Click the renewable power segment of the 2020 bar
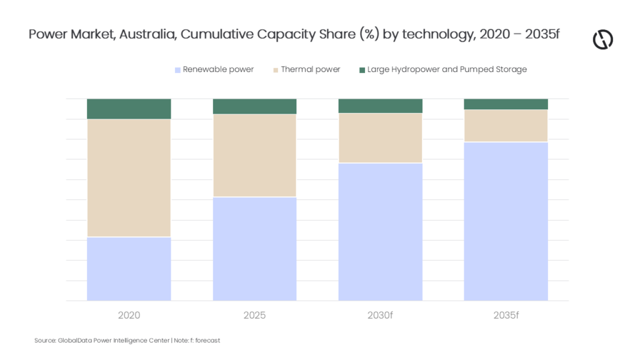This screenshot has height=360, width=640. pyautogui.click(x=129, y=269)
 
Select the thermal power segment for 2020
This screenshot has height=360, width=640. pyautogui.click(x=129, y=178)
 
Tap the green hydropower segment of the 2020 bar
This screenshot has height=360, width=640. pyautogui.click(x=129, y=109)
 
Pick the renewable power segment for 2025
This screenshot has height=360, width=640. pyautogui.click(x=255, y=249)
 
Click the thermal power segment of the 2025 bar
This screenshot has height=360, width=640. pyautogui.click(x=255, y=156)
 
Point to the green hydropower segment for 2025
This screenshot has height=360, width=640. pyautogui.click(x=255, y=106)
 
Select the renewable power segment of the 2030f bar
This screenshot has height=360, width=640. pyautogui.click(x=381, y=232)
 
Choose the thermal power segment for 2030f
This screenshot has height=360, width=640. pyautogui.click(x=381, y=138)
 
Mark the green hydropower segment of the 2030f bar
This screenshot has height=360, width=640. pyautogui.click(x=381, y=106)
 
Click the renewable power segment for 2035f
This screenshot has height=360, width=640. pyautogui.click(x=506, y=222)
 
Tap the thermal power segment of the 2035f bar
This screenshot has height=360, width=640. pyautogui.click(x=506, y=126)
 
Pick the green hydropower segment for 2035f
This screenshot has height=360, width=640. pyautogui.click(x=506, y=104)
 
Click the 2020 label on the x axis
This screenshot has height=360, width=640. pyautogui.click(x=129, y=315)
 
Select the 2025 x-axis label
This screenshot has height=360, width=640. pyautogui.click(x=255, y=315)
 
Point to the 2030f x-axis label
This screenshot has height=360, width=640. pyautogui.click(x=380, y=315)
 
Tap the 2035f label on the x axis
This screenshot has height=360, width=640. pyautogui.click(x=506, y=315)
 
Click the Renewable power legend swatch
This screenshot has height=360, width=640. pyautogui.click(x=177, y=70)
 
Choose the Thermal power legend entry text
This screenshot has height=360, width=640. pyautogui.click(x=311, y=69)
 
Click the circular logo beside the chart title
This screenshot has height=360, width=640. pyautogui.click(x=603, y=39)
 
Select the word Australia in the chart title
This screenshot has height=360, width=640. pyautogui.click(x=147, y=34)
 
